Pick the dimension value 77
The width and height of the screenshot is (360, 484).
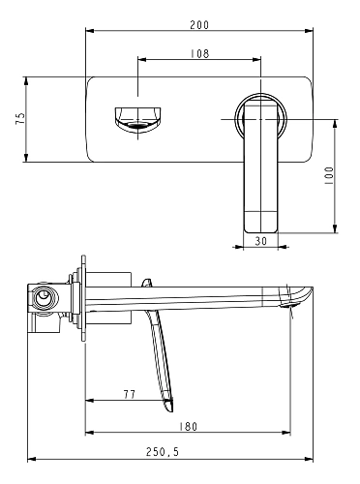(x=130, y=394)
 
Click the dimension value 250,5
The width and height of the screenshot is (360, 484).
(x=161, y=452)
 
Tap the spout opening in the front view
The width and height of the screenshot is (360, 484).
(x=137, y=117)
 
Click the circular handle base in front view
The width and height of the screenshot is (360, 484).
(x=260, y=117)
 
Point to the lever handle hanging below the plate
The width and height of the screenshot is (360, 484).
(x=260, y=174)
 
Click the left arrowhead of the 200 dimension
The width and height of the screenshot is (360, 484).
(x=89, y=33)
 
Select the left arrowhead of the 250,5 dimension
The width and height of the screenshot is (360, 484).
(x=30, y=461)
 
